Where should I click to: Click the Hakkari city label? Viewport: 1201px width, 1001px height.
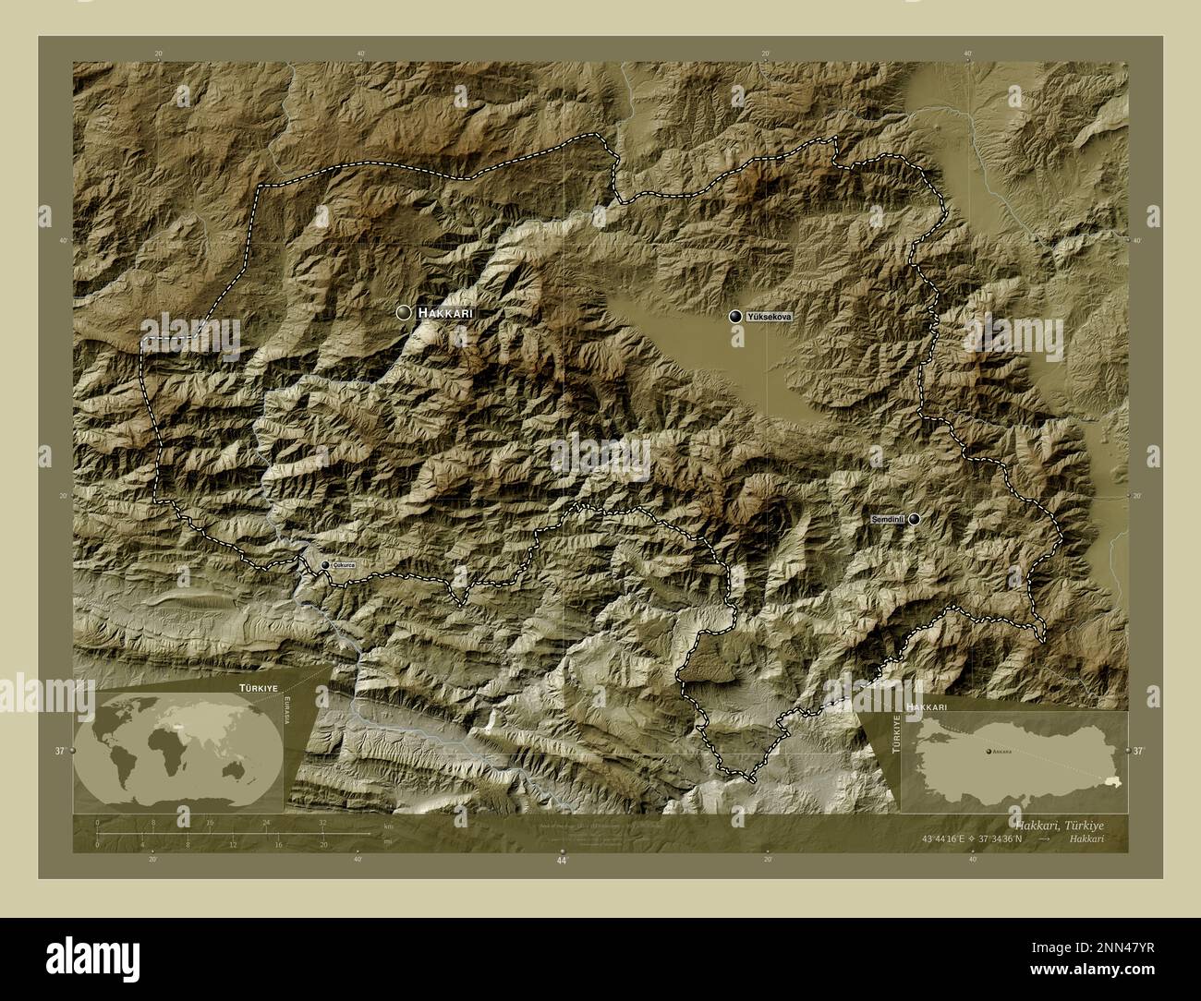(445, 314)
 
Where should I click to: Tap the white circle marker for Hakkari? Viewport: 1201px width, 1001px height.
(404, 313)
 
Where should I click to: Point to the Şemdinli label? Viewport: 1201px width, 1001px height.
(888, 521)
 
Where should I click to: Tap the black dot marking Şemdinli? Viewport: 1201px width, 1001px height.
(914, 519)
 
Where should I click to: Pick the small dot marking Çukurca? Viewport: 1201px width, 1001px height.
(324, 564)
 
